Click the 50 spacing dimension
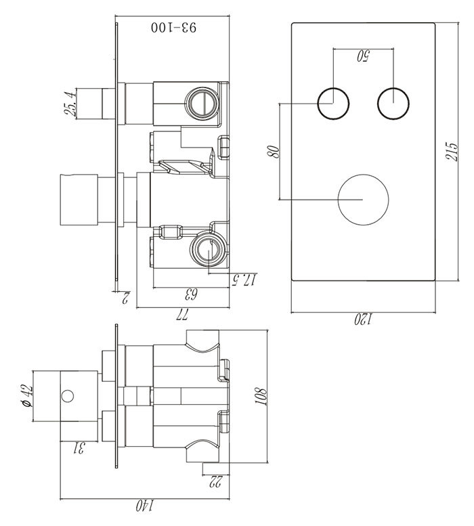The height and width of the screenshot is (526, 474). [363, 58]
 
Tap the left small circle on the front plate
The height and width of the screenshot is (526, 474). [333, 104]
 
